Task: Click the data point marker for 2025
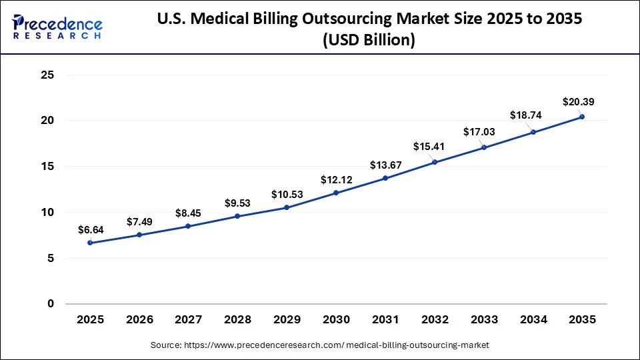pyautogui.click(x=90, y=243)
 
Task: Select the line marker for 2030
pyautogui.click(x=336, y=193)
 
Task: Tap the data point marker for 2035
pyautogui.click(x=582, y=117)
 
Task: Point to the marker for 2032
pyautogui.click(x=435, y=162)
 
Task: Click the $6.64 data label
pyautogui.click(x=91, y=229)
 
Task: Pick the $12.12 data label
pyautogui.click(x=336, y=179)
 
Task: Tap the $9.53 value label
pyautogui.click(x=238, y=202)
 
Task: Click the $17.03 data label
pyautogui.click(x=480, y=132)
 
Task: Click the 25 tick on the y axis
pyautogui.click(x=47, y=75)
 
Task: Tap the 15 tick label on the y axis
pyautogui.click(x=47, y=167)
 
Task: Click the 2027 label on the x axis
pyautogui.click(x=188, y=320)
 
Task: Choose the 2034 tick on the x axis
pyautogui.click(x=533, y=320)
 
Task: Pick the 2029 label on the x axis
pyautogui.click(x=287, y=320)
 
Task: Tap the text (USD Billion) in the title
pyautogui.click(x=369, y=41)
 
